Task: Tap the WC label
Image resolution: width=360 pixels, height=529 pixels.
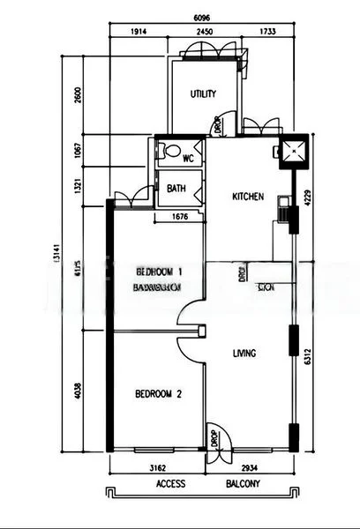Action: (188, 159)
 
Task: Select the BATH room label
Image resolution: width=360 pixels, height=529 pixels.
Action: (176, 188)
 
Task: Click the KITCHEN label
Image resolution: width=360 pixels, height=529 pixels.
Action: (247, 197)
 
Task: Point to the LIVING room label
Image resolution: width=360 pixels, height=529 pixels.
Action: (244, 354)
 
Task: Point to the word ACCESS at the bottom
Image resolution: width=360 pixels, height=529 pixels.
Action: (170, 485)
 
